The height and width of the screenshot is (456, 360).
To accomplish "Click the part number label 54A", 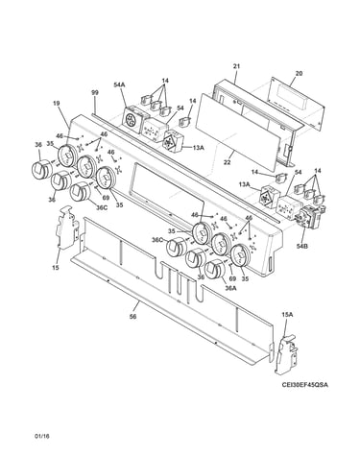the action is point(119,84).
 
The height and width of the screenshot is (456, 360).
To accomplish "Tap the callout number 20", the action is point(299,73).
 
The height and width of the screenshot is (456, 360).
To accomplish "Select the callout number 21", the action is point(236,66).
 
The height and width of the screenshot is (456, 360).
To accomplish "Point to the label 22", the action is point(227,162).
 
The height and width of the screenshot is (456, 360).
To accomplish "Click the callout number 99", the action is point(95,93).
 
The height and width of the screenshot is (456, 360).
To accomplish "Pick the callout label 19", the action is point(56,103).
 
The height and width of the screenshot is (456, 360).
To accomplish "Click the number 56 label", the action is point(133,317).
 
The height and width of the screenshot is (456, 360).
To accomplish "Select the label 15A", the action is point(287,315).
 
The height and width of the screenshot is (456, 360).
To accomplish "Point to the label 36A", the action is point(230,288).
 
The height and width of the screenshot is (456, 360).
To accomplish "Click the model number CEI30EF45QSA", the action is point(304,385).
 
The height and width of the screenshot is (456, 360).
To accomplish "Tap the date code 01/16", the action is point(42,436).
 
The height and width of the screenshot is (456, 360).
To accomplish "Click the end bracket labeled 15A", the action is point(286,354).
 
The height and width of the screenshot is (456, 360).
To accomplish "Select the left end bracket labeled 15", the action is point(67,228).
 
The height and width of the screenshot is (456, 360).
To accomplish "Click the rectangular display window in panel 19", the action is point(167,192).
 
